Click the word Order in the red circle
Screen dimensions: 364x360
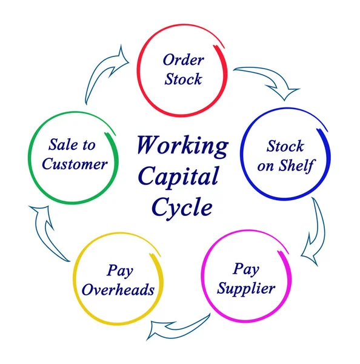tap(184, 59)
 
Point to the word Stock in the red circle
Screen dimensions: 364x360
tap(183, 79)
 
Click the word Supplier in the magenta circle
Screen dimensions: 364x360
tap(246, 288)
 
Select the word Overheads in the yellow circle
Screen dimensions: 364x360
tap(118, 290)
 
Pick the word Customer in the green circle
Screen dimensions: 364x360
tap(75, 164)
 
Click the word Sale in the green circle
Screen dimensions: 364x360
tap(61, 145)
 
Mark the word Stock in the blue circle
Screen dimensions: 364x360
tap(285, 147)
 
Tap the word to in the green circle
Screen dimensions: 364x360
tap(89, 146)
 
